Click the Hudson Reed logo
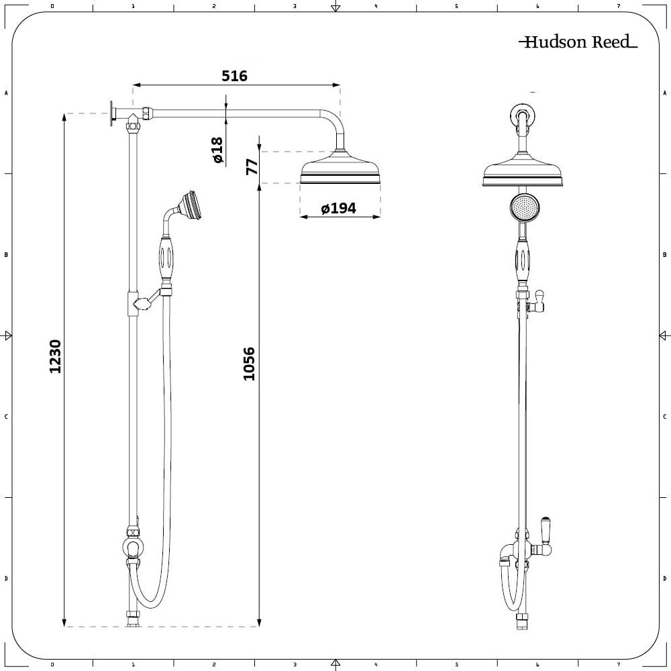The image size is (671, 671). [578, 42]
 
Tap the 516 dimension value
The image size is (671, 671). [235, 76]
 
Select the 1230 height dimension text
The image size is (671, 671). [55, 357]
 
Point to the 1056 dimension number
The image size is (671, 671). [249, 364]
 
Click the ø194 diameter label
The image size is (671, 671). [338, 208]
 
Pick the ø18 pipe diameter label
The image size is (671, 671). [217, 150]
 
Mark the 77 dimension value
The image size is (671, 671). [252, 166]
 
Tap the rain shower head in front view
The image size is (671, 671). [523, 172]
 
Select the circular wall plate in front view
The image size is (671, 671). [523, 114]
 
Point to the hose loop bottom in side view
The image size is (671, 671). [148, 601]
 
